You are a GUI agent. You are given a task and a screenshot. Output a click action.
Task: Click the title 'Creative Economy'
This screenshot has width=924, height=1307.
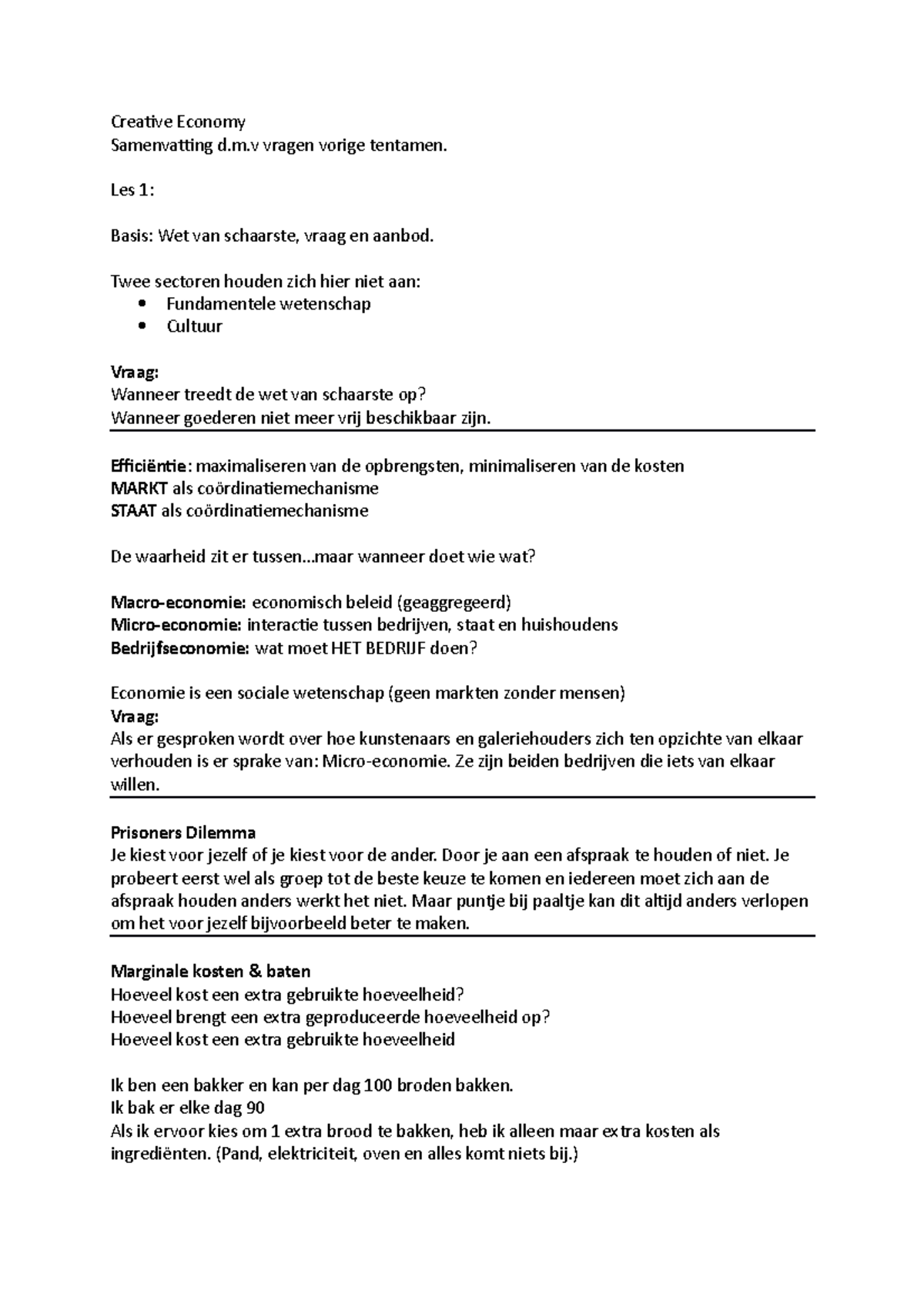[178, 122]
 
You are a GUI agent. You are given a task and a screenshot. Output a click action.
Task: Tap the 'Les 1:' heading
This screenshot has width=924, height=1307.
[132, 190]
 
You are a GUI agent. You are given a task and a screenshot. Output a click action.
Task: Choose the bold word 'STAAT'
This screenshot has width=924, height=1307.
[134, 511]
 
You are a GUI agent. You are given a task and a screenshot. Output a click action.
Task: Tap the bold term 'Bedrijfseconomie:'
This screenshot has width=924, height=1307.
[179, 648]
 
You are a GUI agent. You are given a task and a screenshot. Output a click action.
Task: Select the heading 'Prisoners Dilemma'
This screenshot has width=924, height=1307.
[183, 832]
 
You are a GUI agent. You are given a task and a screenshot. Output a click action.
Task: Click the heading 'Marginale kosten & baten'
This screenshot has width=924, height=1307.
[210, 971]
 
